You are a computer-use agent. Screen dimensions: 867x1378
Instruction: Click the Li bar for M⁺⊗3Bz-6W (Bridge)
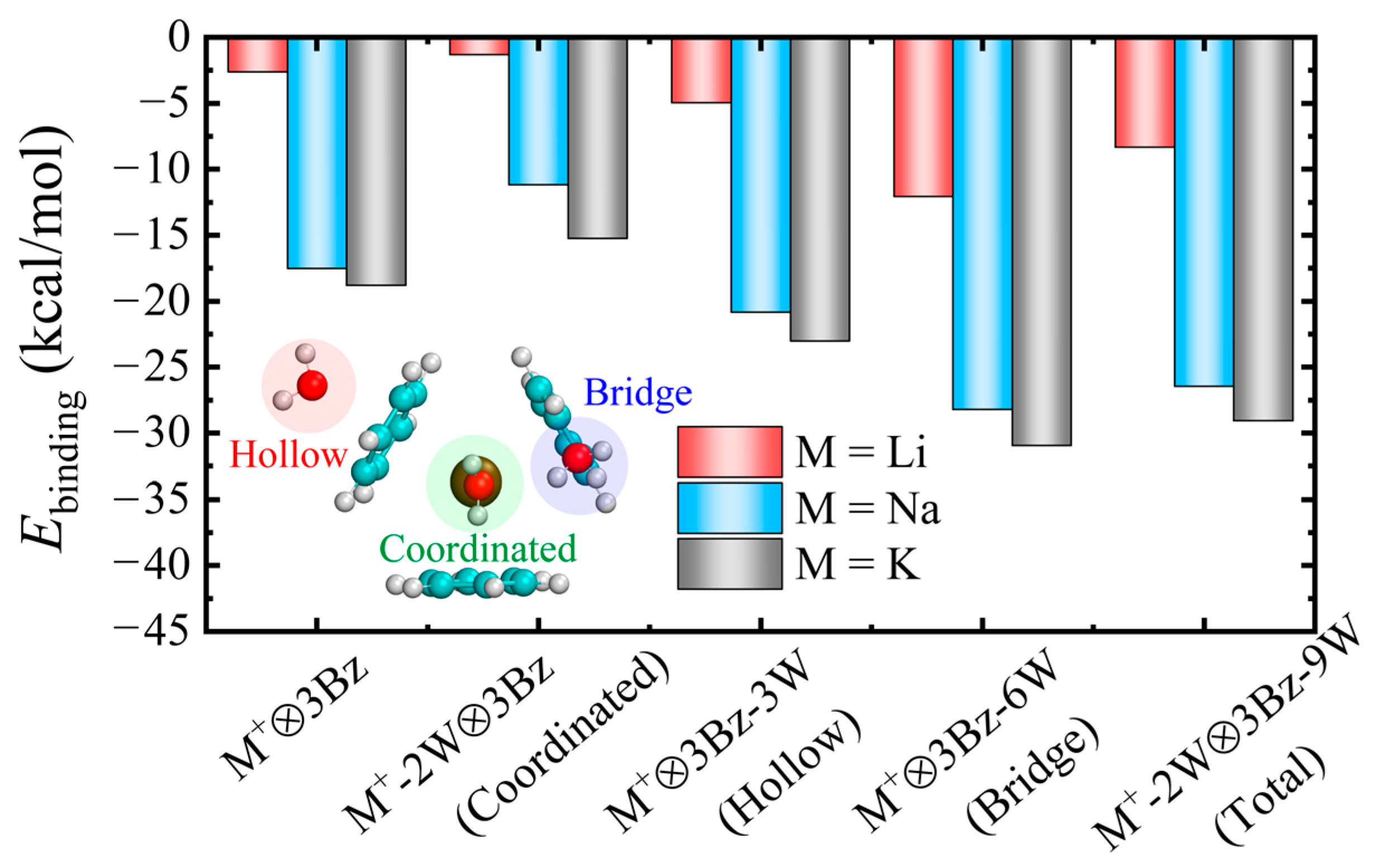pyautogui.click(x=923, y=117)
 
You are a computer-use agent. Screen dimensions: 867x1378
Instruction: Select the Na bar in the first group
pyautogui.click(x=316, y=154)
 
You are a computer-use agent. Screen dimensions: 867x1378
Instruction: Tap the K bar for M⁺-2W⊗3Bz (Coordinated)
pyautogui.click(x=597, y=138)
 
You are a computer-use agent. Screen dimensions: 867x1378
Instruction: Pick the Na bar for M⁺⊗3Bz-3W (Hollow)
pyautogui.click(x=761, y=175)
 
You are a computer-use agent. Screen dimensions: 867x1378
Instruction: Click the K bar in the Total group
pyautogui.click(x=1263, y=229)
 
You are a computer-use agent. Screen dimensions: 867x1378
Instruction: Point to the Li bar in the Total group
pyautogui.click(x=1144, y=93)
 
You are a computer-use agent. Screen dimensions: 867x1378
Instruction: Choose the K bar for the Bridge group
pyautogui.click(x=1042, y=241)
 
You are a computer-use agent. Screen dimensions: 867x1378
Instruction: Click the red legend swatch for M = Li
pyautogui.click(x=730, y=452)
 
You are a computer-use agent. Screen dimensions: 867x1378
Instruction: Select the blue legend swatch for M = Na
pyautogui.click(x=730, y=508)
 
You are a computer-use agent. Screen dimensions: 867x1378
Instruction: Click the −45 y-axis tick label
pyautogui.click(x=150, y=631)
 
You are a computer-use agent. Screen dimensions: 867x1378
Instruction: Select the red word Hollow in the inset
pyautogui.click(x=288, y=456)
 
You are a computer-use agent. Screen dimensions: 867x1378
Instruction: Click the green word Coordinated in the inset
pyautogui.click(x=477, y=549)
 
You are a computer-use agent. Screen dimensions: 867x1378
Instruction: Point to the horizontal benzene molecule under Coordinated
pyautogui.click(x=477, y=583)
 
